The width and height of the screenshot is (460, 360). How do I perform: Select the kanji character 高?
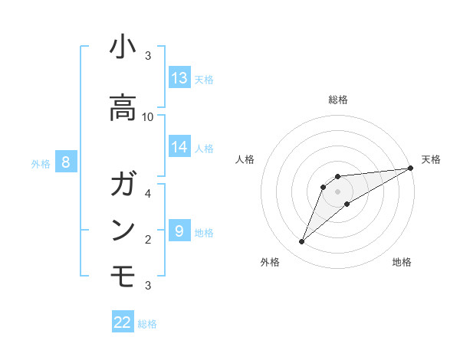click(123, 108)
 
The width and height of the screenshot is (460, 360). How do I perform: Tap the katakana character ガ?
click(123, 184)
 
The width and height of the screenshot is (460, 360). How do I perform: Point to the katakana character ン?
click(123, 231)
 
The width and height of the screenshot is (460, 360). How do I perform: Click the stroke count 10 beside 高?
click(148, 117)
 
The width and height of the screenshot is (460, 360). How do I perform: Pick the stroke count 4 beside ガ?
click(148, 193)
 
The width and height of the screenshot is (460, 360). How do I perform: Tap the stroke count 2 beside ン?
click(148, 240)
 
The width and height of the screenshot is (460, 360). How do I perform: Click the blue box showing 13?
click(179, 78)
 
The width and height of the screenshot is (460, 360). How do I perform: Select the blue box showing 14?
click(179, 147)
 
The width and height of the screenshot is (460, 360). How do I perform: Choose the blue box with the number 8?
click(66, 162)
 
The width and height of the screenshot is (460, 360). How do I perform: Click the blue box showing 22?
click(123, 322)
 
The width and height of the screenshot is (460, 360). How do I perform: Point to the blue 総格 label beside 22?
click(147, 324)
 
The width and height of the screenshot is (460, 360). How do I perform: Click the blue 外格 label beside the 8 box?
click(41, 163)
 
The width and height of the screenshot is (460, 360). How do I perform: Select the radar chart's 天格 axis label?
click(431, 159)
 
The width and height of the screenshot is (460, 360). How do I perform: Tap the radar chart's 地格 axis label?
click(402, 263)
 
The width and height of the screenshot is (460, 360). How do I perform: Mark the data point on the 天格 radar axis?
click(410, 168)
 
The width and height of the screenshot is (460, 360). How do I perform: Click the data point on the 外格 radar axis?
click(301, 242)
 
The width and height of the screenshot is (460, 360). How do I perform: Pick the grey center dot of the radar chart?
click(337, 191)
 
